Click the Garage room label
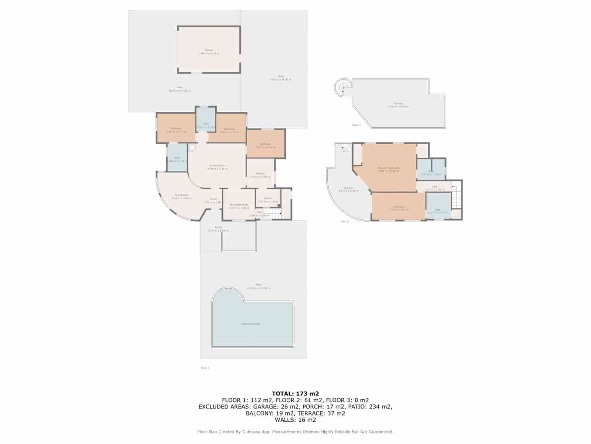click(209, 50)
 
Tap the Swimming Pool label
click(251, 324)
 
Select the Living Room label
click(217, 165)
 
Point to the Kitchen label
click(260, 174)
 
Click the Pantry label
click(268, 198)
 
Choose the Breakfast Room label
click(239, 205)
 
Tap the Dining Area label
click(181, 195)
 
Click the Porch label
click(218, 227)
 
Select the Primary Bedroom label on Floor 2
click(389, 168)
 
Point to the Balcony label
click(348, 188)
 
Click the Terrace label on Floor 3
click(398, 104)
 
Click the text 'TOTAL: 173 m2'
click(295, 394)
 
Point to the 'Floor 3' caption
click(356, 125)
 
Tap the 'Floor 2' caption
click(344, 221)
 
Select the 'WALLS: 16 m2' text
click(295, 420)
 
